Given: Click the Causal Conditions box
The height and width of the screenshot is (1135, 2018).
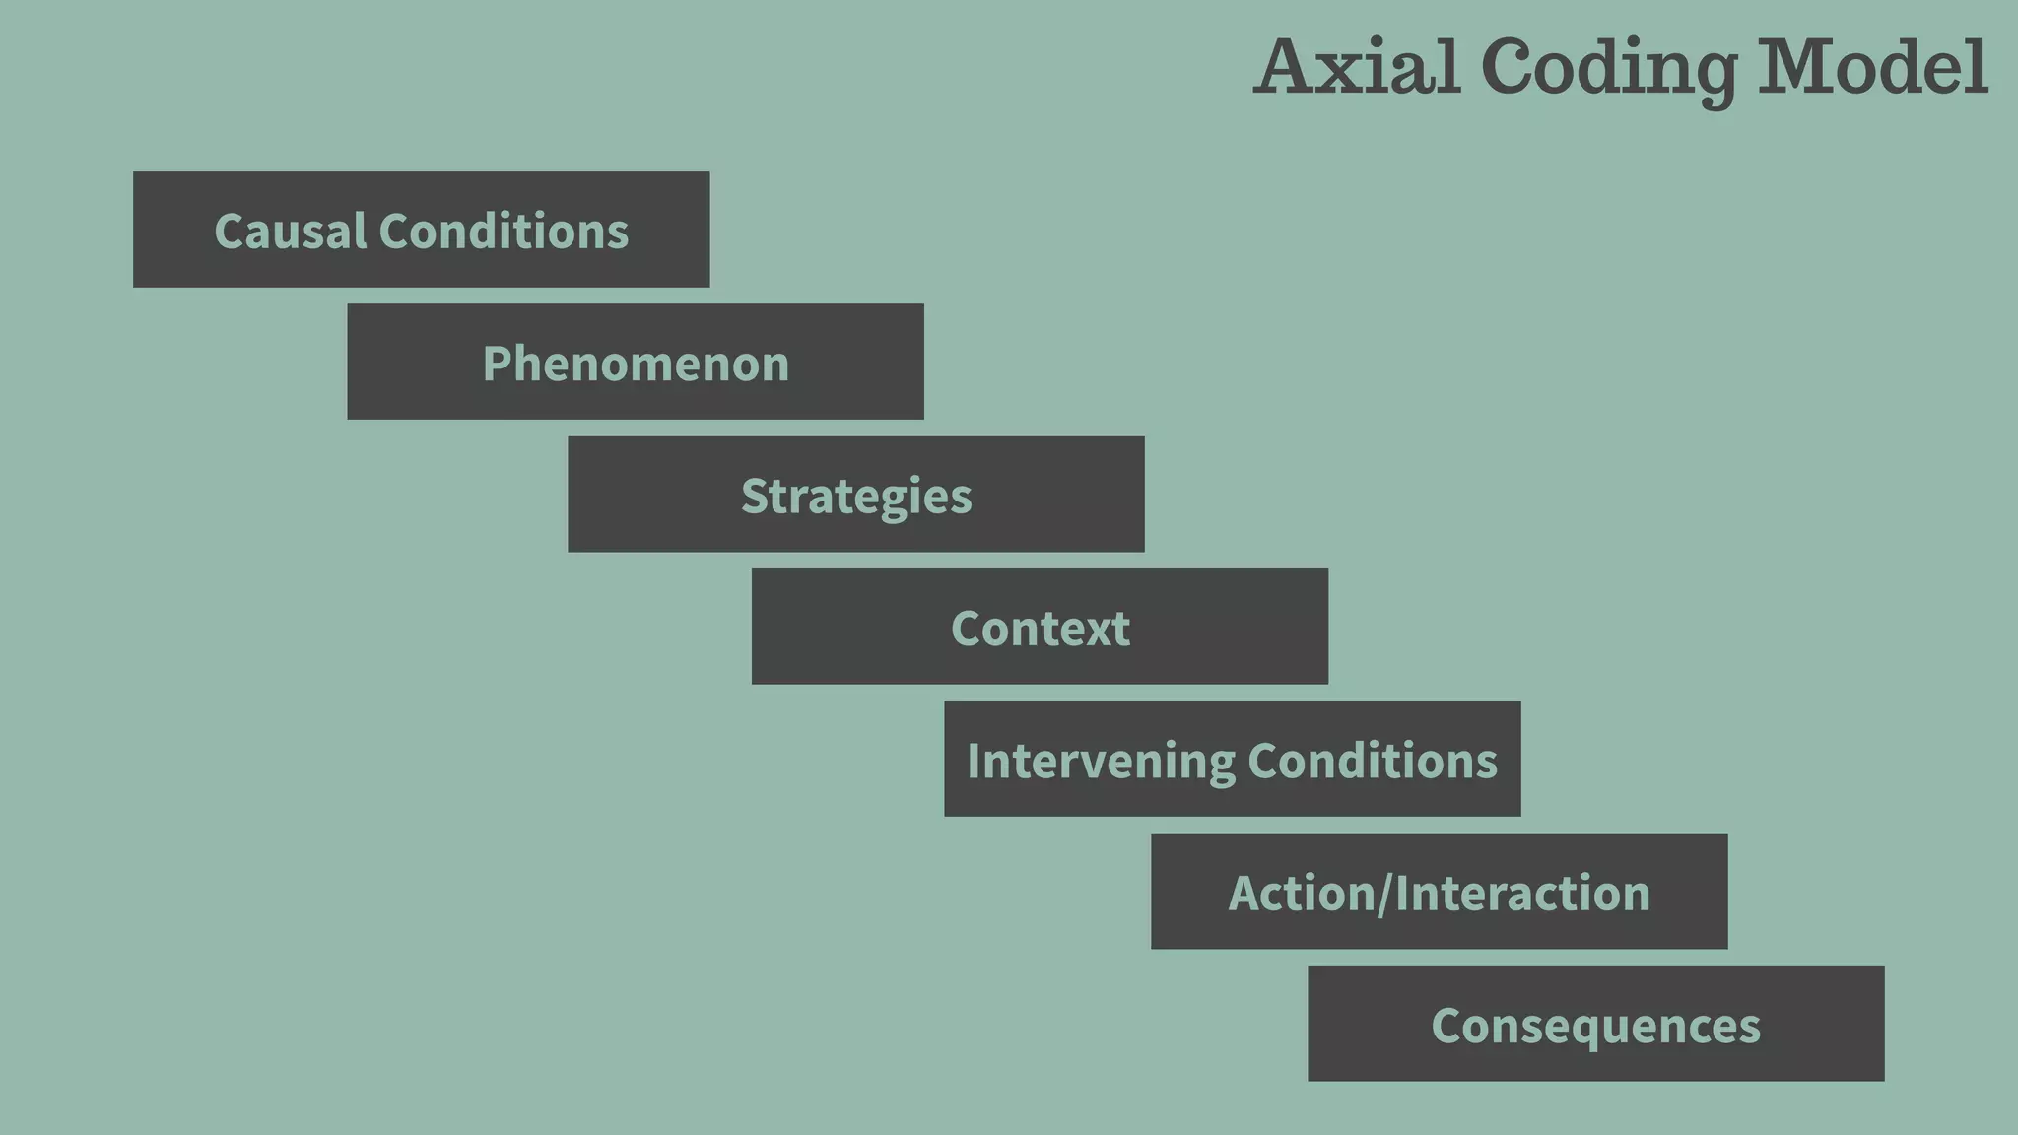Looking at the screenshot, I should pyautogui.click(x=421, y=230).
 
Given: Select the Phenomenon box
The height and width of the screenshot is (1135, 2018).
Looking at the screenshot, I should pyautogui.click(x=636, y=362).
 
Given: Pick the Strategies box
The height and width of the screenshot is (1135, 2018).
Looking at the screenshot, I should pyautogui.click(x=855, y=494).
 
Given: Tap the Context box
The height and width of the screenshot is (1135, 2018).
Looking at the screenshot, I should pyautogui.click(x=1040, y=627).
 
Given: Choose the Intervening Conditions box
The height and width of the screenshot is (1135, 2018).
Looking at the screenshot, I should pyautogui.click(x=1232, y=759).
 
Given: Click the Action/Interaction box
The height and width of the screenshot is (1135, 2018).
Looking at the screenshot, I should pyautogui.click(x=1439, y=892).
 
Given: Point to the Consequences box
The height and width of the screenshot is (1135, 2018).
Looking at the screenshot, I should pyautogui.click(x=1595, y=1024).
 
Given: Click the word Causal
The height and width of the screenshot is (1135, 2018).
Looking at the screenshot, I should pyautogui.click(x=290, y=232).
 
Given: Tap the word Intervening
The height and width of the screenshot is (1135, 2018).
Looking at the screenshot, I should pyautogui.click(x=1100, y=762).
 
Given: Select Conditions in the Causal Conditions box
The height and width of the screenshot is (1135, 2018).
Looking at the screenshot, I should pyautogui.click(x=504, y=232).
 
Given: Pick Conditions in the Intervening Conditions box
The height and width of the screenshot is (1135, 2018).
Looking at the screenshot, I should pyautogui.click(x=1373, y=761).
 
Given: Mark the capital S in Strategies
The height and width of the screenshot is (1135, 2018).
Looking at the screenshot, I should pyautogui.click(x=754, y=496).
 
